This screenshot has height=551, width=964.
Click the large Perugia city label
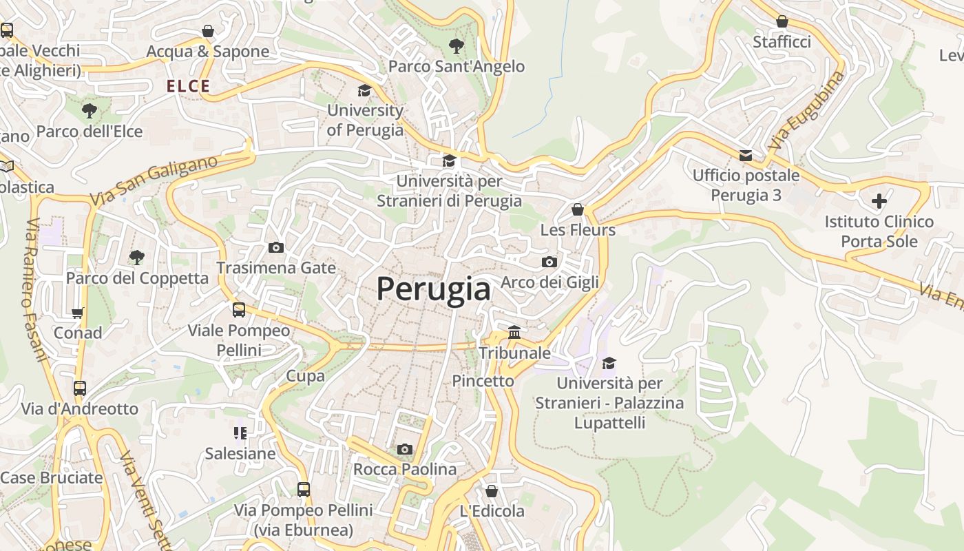pos(433,289)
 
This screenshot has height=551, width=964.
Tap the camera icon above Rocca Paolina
pos(405,449)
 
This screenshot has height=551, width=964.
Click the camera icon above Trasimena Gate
pos(275,247)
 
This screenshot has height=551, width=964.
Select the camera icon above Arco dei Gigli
pos(549,262)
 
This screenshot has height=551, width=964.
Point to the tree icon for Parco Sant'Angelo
pos(456,46)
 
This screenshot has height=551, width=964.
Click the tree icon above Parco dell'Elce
pos(89,110)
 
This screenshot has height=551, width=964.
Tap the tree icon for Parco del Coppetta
pos(137,258)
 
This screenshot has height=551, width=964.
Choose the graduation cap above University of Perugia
pos(364,90)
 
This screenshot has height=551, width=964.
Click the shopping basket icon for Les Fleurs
pos(578,209)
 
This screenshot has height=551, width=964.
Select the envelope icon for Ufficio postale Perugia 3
pos(746,155)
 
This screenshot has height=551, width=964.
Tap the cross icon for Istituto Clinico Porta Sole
pos(879,201)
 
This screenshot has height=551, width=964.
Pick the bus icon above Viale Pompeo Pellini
pos(239,310)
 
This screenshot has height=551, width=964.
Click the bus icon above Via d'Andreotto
pos(80,388)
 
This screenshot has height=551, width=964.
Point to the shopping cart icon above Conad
pos(78,313)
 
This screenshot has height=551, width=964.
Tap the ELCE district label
pos(188,86)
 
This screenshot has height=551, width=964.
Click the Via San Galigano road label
pos(153,180)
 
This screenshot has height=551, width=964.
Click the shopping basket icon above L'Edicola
pos(491,491)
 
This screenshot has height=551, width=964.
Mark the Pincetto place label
pos(483,380)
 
